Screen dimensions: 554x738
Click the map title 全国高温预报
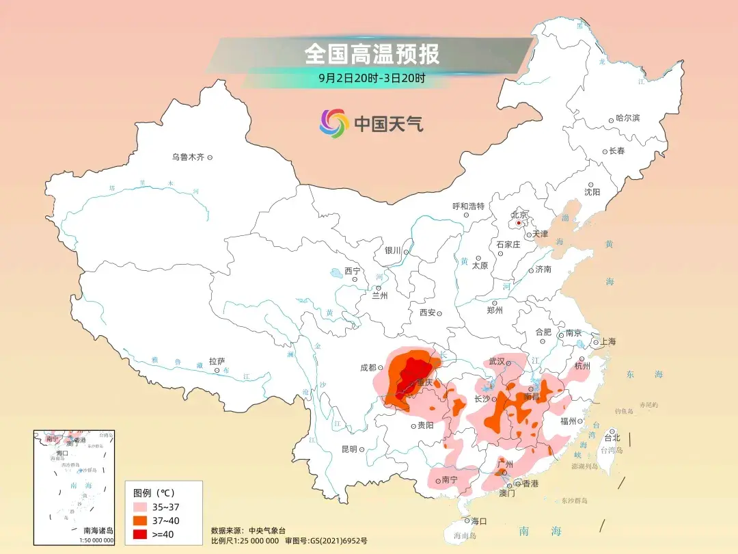tap(372, 53)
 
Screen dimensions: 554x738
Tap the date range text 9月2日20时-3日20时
tap(372, 78)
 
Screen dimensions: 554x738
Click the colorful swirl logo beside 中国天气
tap(334, 123)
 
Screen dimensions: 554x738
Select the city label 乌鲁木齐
tap(188, 157)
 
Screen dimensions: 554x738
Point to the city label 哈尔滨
tap(627, 118)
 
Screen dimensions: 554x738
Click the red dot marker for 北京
tap(519, 222)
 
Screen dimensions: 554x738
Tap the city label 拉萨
tap(217, 361)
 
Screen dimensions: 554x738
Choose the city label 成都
tap(368, 367)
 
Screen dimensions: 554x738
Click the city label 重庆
tap(424, 382)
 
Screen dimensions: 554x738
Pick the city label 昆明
tap(348, 449)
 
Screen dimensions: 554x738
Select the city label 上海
tap(607, 342)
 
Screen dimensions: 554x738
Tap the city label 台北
tap(612, 438)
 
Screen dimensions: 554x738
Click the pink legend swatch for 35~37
tap(141, 507)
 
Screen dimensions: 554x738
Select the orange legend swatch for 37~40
tap(141, 520)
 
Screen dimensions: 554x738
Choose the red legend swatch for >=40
tap(141, 533)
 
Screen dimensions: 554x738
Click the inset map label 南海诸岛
tap(98, 531)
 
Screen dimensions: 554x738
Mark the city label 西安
tap(428, 313)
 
